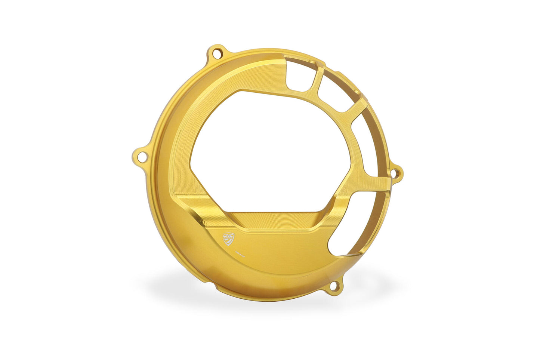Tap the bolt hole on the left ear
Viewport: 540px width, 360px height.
(x=141, y=156)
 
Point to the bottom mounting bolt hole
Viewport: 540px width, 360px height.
(x=334, y=287)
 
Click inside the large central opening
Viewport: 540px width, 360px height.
(x=269, y=146)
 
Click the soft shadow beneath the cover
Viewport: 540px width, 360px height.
(x=262, y=295)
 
